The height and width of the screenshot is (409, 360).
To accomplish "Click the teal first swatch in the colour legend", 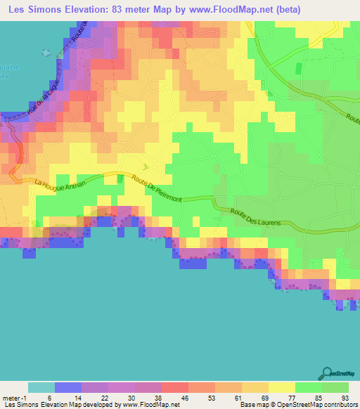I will pos(41,387).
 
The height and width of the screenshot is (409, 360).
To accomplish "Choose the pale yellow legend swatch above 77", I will pos(281,387).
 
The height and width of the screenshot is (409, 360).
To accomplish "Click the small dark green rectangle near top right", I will pos(297,68).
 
